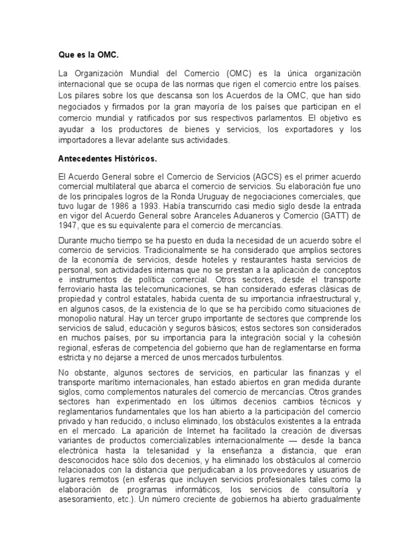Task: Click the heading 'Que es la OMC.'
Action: (88, 55)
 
